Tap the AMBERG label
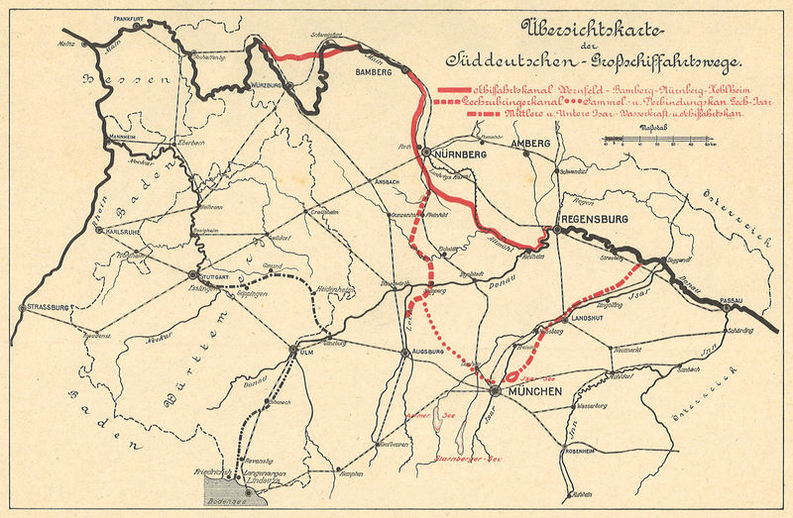click(x=529, y=145)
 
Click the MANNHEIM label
click(x=121, y=136)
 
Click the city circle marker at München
click(x=494, y=391)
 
